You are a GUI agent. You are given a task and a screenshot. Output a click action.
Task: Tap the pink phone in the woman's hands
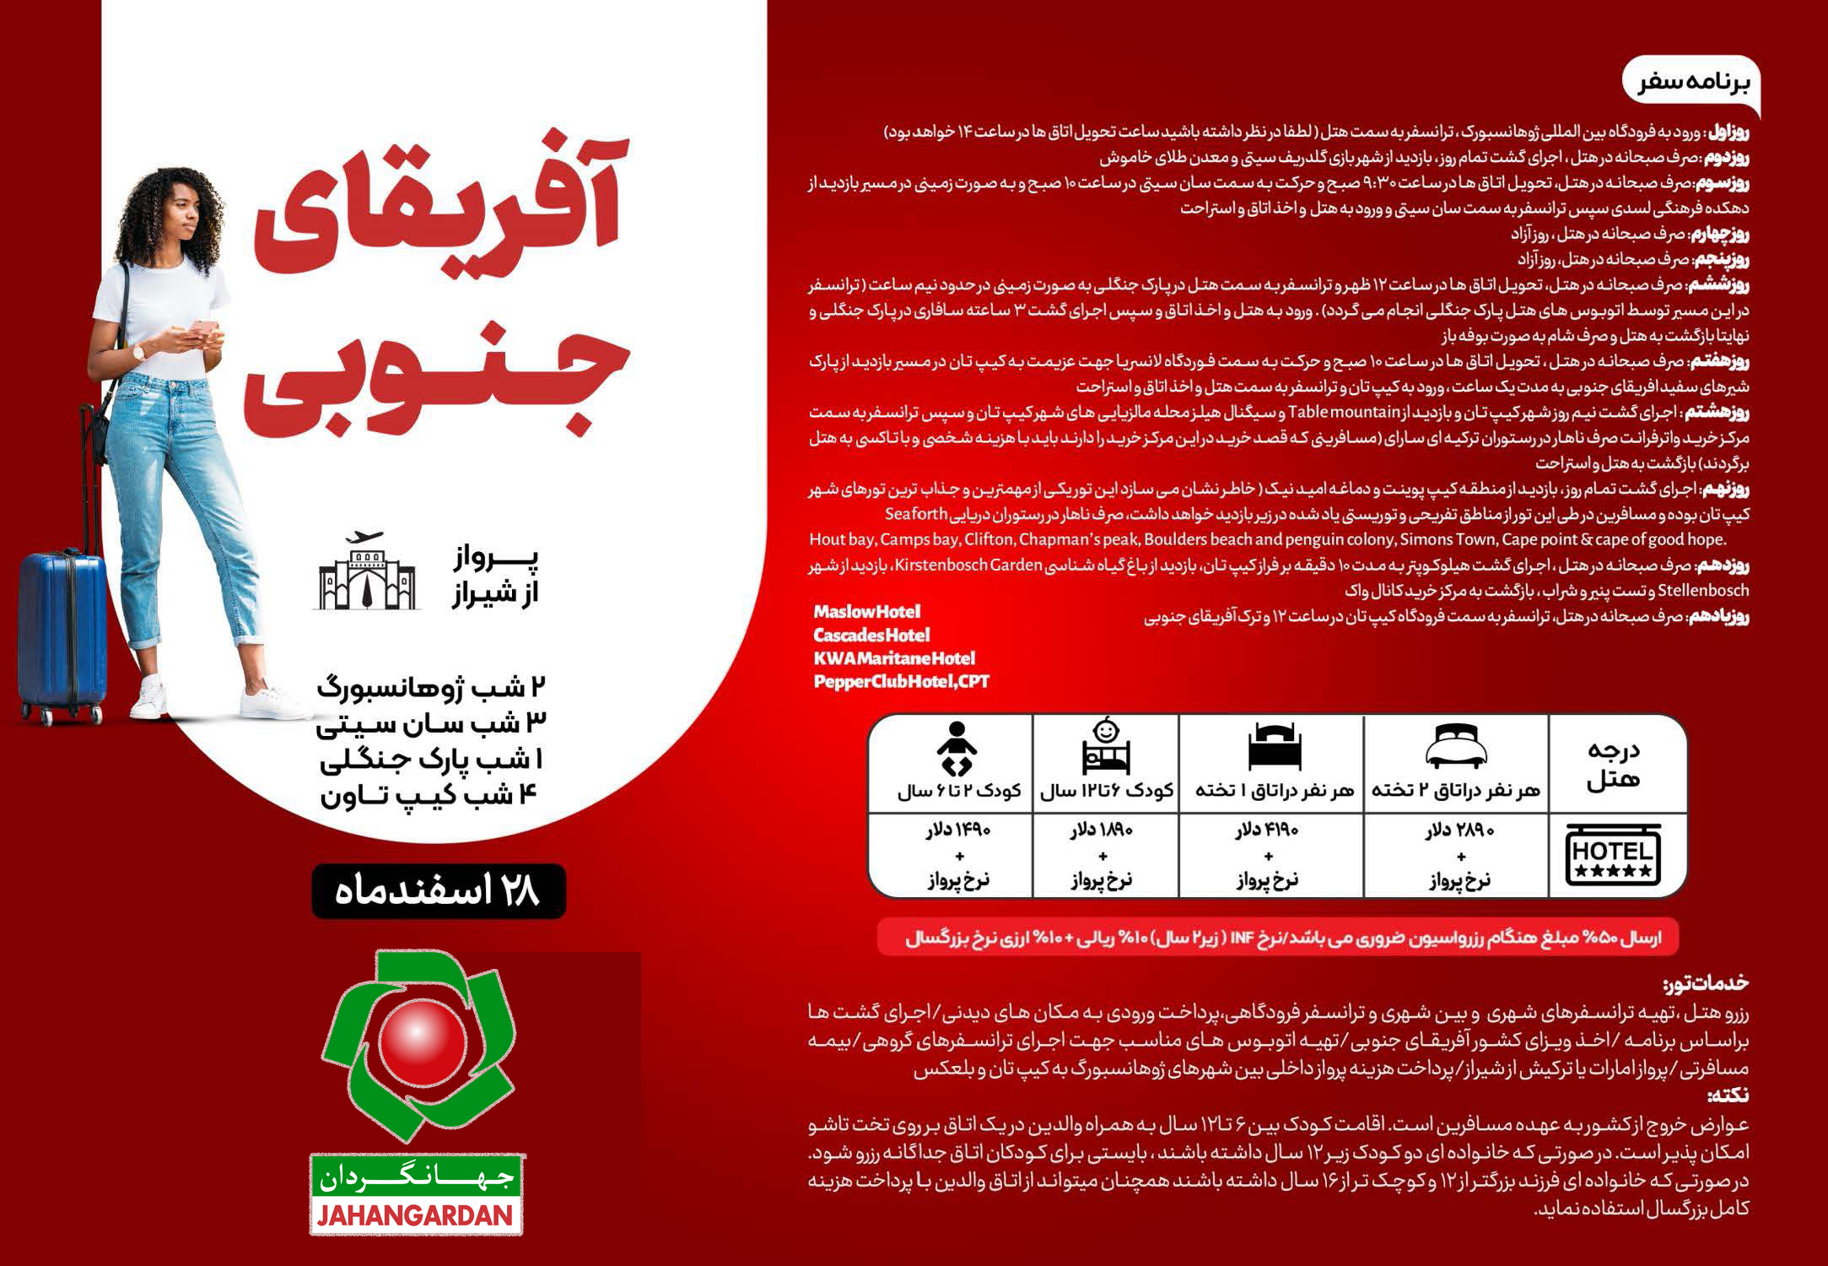[202, 327]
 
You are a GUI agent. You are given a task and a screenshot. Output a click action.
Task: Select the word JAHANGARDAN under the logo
[416, 1215]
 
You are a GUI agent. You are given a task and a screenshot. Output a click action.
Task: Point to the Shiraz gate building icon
[367, 574]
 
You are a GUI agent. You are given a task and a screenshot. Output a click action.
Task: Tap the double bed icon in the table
[1454, 747]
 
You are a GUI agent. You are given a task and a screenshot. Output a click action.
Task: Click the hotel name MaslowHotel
[866, 611]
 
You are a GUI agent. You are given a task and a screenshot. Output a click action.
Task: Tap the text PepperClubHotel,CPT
[900, 681]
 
